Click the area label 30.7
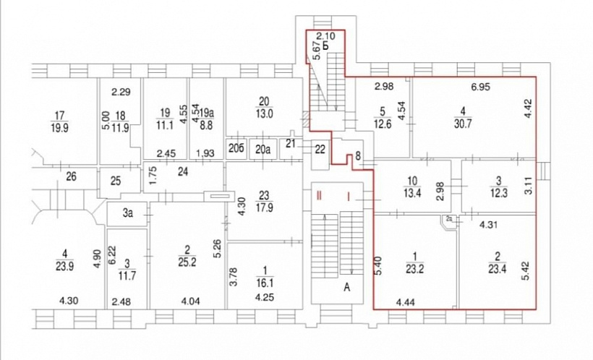coord(463,124)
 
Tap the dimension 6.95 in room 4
coord(480,87)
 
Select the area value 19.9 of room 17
coord(59,128)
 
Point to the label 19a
coord(207,113)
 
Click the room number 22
coord(320,150)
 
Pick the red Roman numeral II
coord(319,196)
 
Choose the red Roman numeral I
coord(349,196)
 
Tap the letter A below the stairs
coord(347,288)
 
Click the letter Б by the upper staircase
coord(325,46)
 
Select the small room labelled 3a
coord(128,213)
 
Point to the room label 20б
coord(236,149)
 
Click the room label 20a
coord(263,150)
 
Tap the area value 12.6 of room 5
coord(383,124)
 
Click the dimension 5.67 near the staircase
coord(317,51)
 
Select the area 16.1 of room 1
coord(265,283)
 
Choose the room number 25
coord(116,181)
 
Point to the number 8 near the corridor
coord(358,156)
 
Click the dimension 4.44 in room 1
coord(406,302)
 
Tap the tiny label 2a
coord(449,219)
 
